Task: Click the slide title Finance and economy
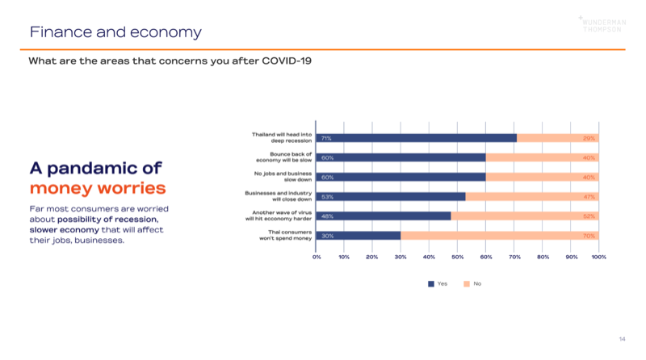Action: pos(115,32)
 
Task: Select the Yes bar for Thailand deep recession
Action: pos(416,138)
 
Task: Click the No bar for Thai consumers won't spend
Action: pos(499,236)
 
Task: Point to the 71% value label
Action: pos(326,138)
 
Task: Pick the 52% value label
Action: pos(589,216)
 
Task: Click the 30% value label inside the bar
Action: pos(326,236)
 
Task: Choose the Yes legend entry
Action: pos(437,283)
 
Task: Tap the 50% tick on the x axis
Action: pos(457,257)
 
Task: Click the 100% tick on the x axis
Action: pos(598,257)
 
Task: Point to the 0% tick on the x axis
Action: pos(317,257)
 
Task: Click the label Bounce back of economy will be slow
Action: pos(290,157)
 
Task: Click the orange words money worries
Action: pos(98,189)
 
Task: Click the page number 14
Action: pos(622,338)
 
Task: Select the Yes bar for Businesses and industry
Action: pos(391,196)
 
